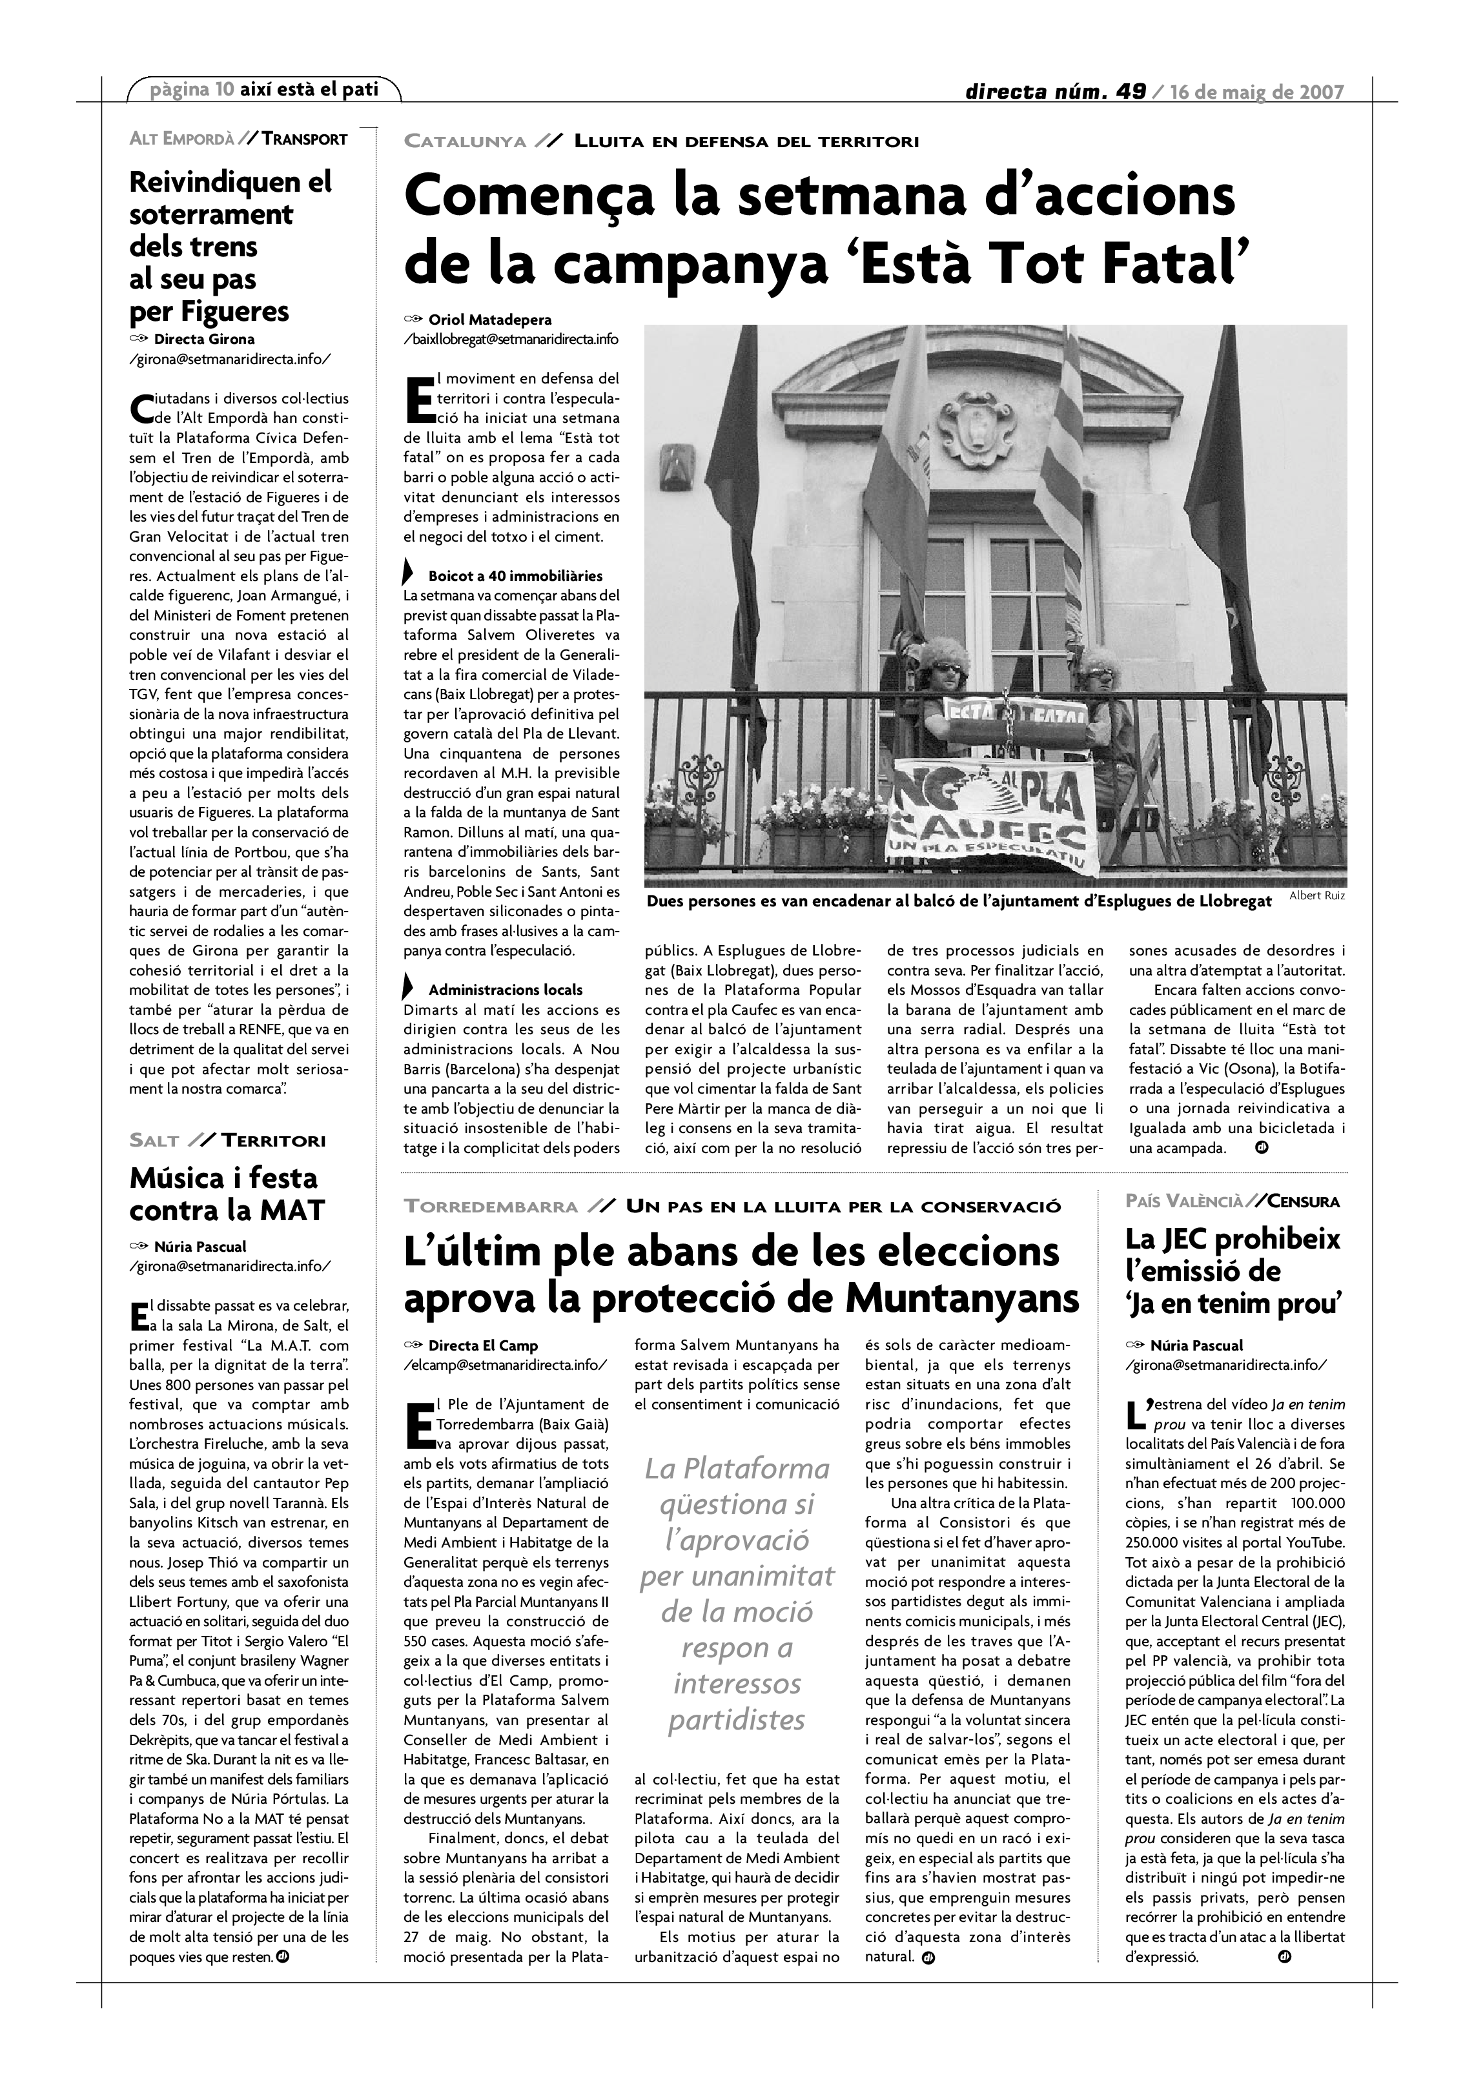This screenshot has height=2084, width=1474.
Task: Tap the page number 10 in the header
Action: (x=225, y=90)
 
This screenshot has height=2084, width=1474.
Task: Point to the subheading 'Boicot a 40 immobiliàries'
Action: (x=515, y=575)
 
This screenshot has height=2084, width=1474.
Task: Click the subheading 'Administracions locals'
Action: (x=506, y=989)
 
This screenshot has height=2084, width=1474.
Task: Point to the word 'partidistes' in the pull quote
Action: (x=737, y=1719)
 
